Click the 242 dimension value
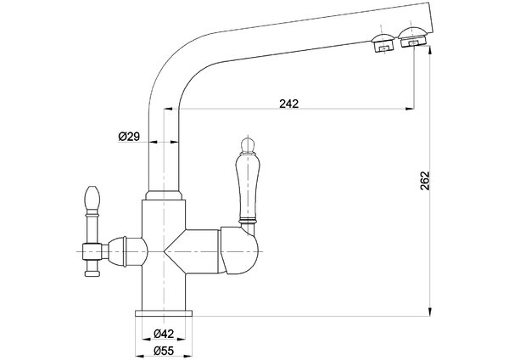289,104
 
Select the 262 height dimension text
425,181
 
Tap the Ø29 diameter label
129,137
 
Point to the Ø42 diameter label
164,334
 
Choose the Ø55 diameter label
164,351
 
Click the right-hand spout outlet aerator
412,37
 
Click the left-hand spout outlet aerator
383,42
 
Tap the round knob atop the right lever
248,145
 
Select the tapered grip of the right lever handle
248,187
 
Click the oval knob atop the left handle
92,197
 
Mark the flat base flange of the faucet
164,313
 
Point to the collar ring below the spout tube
164,195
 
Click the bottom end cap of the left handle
92,273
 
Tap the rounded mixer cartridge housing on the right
240,250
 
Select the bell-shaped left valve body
127,251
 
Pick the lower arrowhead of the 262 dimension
430,312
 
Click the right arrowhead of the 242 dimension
410,109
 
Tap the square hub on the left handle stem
92,251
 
